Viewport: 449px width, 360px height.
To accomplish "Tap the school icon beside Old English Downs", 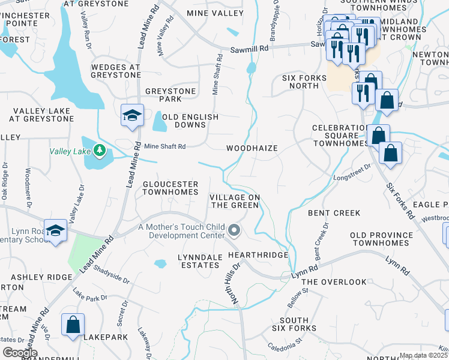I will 132,115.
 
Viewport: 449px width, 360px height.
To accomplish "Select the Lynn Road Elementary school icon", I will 55,231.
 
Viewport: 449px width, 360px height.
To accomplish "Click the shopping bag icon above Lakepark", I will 73,325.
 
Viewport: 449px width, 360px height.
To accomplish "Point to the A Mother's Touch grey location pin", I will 235,230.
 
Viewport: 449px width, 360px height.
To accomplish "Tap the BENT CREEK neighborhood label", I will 334,213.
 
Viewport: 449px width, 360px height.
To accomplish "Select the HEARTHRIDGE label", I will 258,255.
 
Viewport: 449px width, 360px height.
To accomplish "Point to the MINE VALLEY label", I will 215,13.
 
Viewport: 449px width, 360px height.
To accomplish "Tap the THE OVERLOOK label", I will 334,281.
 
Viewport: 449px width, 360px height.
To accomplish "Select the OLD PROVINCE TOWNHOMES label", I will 381,238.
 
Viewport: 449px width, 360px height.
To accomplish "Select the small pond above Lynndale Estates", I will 160,263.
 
